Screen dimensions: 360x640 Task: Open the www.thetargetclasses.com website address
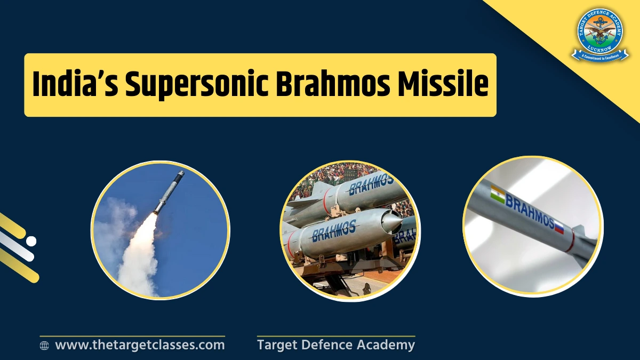coord(140,345)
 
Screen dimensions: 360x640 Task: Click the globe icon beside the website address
coord(45,346)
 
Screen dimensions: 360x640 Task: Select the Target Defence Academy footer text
coord(335,345)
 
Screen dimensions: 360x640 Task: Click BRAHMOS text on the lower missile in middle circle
coord(333,231)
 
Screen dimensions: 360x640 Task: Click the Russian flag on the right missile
coord(559,228)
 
